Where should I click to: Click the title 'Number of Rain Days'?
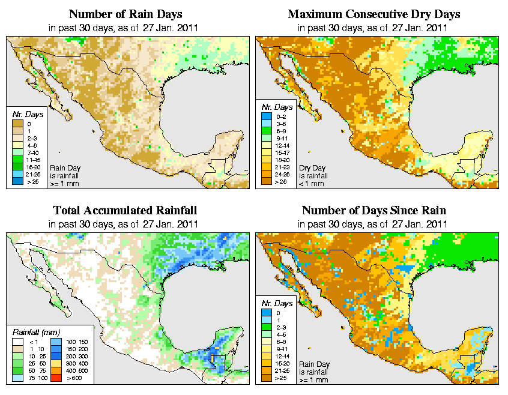point(125,14)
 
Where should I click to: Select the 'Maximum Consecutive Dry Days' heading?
point(374,14)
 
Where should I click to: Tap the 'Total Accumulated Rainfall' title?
point(125,211)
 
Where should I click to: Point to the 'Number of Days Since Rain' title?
point(374,211)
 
